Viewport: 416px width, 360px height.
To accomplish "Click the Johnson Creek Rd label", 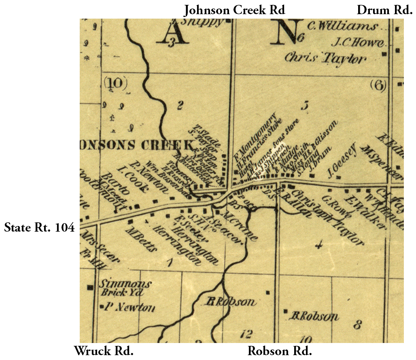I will coord(235,9).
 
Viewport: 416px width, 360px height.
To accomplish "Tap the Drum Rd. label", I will coord(384,9).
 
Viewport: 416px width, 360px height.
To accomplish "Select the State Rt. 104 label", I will coord(39,228).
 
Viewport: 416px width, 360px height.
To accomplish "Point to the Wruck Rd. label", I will coord(104,351).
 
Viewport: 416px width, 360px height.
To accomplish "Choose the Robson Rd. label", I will coord(280,351).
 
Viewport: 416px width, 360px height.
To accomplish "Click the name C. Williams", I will coord(342,27).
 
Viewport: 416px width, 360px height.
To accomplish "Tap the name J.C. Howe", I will coord(357,42).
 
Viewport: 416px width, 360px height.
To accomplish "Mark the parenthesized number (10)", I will coord(115,83).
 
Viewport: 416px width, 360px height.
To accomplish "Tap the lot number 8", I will coord(357,324).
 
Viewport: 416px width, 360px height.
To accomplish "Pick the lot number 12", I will coord(246,334).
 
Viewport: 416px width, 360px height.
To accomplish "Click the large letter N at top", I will coord(287,32).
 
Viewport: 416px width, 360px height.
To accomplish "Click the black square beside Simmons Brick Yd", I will coord(89,287).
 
